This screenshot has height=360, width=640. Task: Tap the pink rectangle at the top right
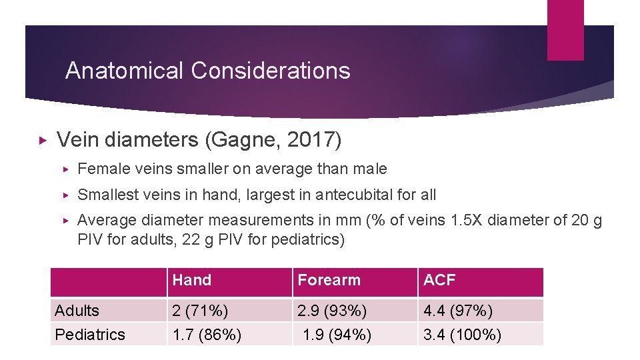[x=565, y=29]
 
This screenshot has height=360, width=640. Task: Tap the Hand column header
[x=192, y=281]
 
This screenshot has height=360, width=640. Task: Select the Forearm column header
[x=329, y=281]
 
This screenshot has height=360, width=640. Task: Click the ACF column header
[x=439, y=281]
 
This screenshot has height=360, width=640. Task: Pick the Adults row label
[x=77, y=311]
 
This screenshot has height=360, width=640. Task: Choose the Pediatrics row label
[x=90, y=334]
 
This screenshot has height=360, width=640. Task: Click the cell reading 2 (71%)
[x=200, y=311]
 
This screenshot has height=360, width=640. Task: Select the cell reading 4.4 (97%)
[x=458, y=311]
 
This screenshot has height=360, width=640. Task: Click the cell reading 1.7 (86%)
[x=207, y=334]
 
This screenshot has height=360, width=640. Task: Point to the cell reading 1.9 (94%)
[x=336, y=334]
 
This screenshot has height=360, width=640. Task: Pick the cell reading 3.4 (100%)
[x=462, y=334]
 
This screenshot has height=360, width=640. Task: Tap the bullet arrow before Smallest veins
[x=65, y=195]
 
